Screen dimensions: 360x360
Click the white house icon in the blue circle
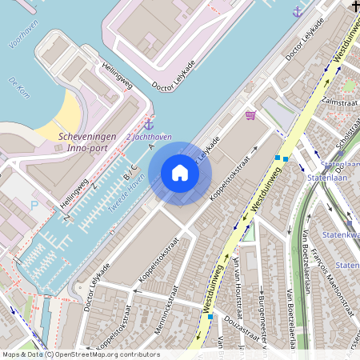click(180, 172)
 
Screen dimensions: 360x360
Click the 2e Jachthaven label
click(150, 138)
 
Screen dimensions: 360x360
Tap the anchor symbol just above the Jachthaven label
click(149, 124)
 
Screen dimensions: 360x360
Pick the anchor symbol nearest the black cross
click(298, 12)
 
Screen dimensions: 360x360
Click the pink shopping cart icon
click(251, 116)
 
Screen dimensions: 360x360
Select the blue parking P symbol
click(34, 205)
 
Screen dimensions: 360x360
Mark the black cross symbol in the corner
click(354, 6)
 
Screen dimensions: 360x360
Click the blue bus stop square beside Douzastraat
click(210, 317)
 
